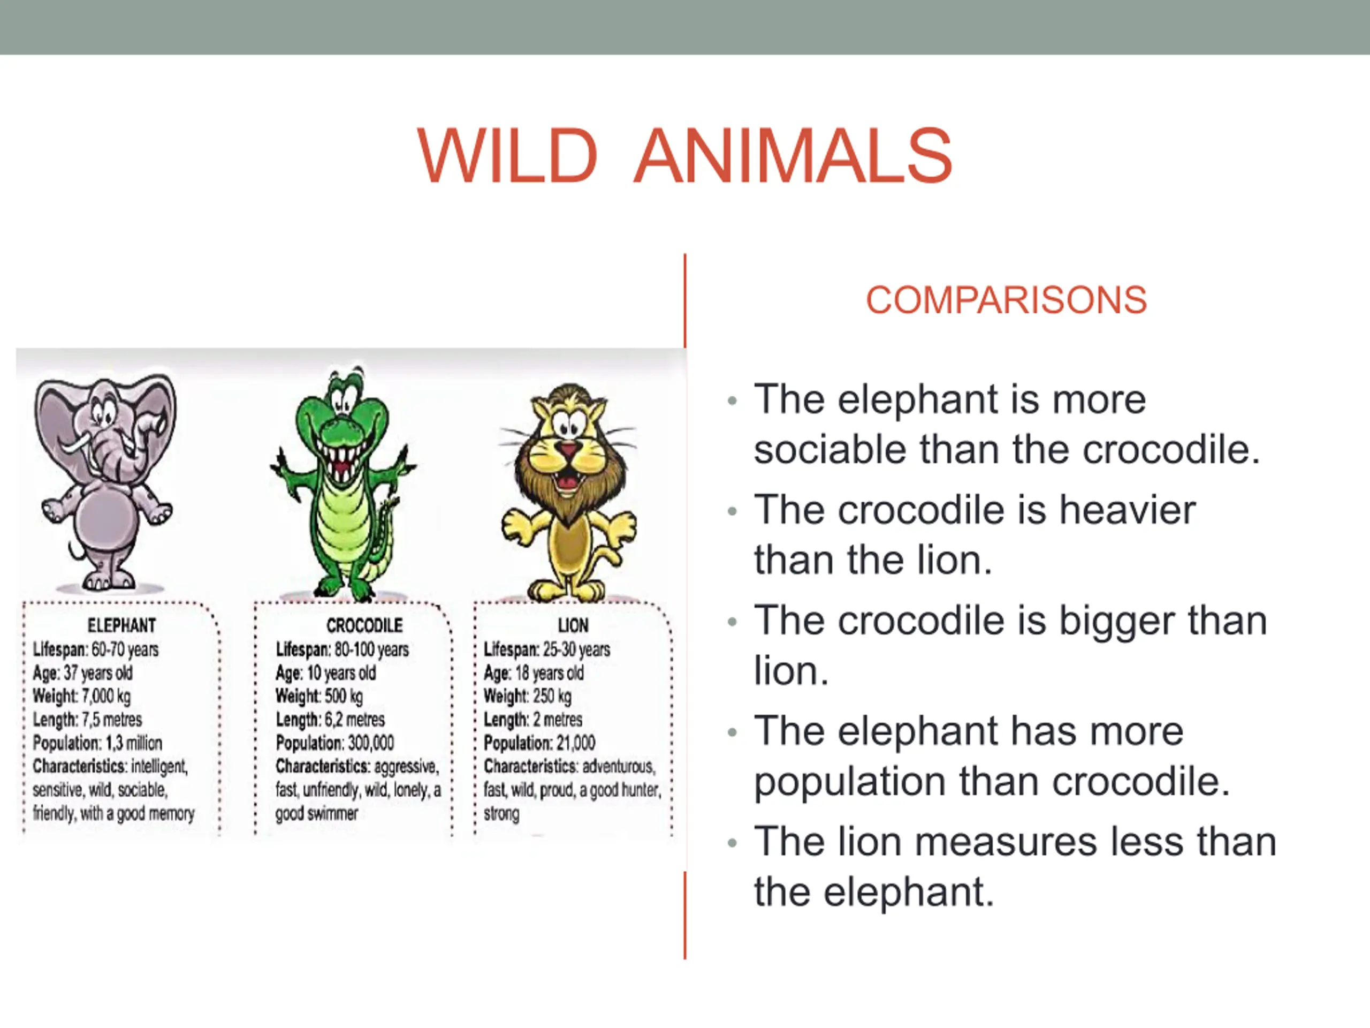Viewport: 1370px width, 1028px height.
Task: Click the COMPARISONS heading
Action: click(x=1006, y=300)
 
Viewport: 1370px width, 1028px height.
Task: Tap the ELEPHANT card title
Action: click(x=121, y=625)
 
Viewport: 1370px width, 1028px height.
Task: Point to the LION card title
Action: click(x=573, y=625)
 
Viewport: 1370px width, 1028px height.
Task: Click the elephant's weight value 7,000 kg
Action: click(x=106, y=697)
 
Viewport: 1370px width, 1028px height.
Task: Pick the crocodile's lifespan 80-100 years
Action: click(x=371, y=649)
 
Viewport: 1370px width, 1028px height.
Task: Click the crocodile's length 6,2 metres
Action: click(x=354, y=720)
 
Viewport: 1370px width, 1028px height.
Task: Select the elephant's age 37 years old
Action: click(x=98, y=673)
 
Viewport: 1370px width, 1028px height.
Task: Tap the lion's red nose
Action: click(x=567, y=449)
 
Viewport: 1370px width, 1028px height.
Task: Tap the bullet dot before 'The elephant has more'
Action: click(x=733, y=733)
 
